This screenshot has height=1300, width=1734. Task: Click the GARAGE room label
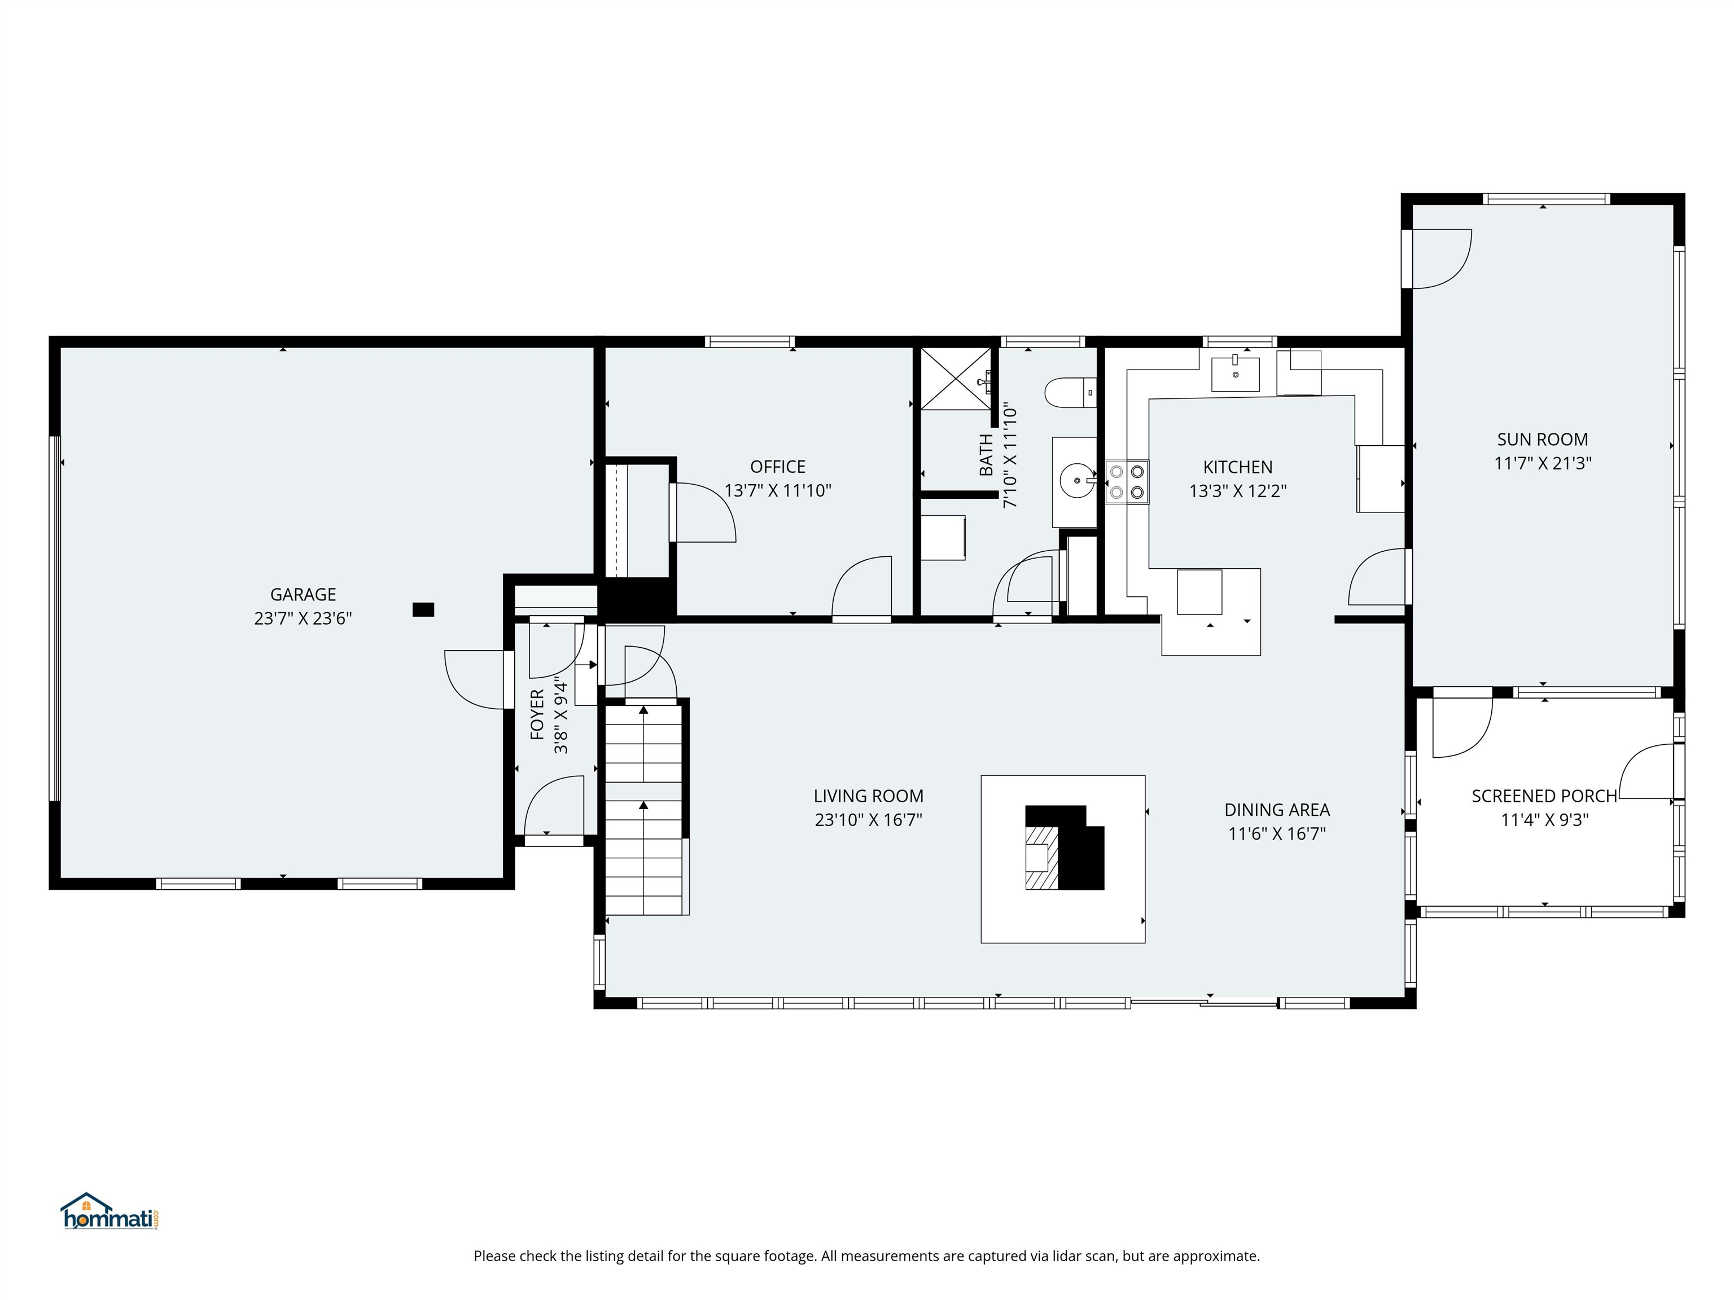tap(303, 595)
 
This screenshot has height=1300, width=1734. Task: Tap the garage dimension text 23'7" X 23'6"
tap(303, 619)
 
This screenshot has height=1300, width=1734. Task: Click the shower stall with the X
tap(955, 379)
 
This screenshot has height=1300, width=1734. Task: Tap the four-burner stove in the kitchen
tap(1127, 482)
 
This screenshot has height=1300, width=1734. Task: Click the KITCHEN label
tap(1237, 467)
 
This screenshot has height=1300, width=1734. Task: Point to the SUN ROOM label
tap(1542, 440)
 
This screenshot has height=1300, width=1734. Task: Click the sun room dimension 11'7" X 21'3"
tap(1542, 463)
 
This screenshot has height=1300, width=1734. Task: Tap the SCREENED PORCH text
tap(1544, 796)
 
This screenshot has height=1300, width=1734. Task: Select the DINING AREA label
tap(1276, 810)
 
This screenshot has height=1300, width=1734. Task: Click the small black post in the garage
tap(423, 609)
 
